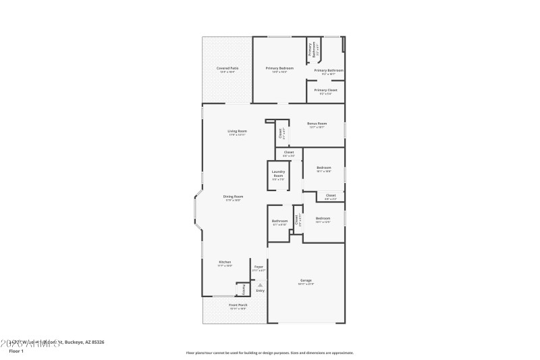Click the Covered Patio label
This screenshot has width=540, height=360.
pyautogui.click(x=227, y=68)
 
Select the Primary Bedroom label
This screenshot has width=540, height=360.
pyautogui.click(x=279, y=68)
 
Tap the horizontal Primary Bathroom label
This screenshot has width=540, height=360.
pyautogui.click(x=329, y=70)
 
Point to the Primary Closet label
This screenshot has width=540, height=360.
pyautogui.click(x=325, y=90)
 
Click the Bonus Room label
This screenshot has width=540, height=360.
pyautogui.click(x=317, y=124)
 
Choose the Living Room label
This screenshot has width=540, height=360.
pyautogui.click(x=237, y=131)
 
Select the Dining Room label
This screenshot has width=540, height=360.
pyautogui.click(x=232, y=197)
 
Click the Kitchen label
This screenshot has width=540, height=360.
pyautogui.click(x=225, y=262)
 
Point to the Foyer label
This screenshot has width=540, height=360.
pyautogui.click(x=259, y=267)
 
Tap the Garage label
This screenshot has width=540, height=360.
pyautogui.click(x=306, y=280)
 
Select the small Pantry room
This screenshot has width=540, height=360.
pyautogui.click(x=244, y=289)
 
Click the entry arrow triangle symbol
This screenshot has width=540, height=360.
pyautogui.click(x=260, y=285)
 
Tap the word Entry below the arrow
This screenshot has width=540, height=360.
pyautogui.click(x=260, y=291)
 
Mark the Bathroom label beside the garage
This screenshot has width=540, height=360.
pyautogui.click(x=279, y=221)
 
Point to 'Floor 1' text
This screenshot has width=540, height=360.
pyautogui.click(x=16, y=351)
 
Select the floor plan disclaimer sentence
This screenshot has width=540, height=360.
pyautogui.click(x=269, y=353)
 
